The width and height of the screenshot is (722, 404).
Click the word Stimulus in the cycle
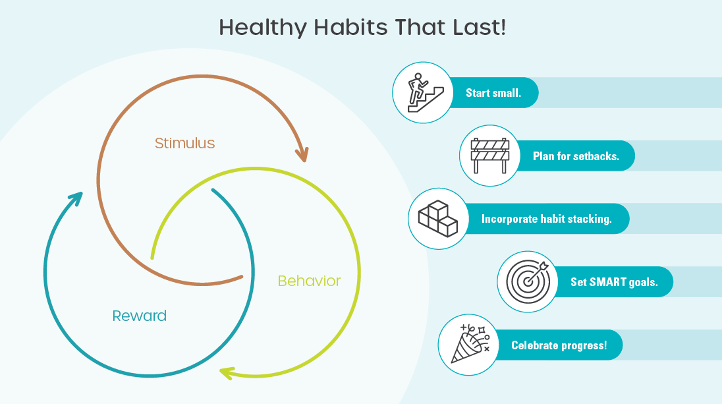click(184, 143)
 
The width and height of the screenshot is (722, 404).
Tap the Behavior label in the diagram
click(309, 281)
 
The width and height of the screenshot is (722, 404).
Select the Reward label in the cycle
click(139, 316)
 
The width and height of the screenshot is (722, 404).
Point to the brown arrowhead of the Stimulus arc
click(301, 154)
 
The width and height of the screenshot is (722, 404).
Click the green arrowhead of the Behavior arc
click(226, 373)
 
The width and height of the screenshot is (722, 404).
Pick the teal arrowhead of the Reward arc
click(77, 197)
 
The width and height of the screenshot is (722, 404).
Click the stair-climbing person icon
click(422, 92)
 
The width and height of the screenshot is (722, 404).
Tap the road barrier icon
click(489, 156)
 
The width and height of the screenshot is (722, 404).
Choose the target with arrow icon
click(526, 281)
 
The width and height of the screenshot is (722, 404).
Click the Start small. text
click(493, 93)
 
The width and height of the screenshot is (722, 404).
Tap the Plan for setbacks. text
click(576, 156)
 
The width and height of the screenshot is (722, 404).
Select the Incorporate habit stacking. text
click(546, 219)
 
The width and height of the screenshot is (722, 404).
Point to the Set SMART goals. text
click(613, 282)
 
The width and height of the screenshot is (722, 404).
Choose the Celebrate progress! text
click(559, 345)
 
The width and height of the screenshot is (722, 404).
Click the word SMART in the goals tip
click(607, 282)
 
